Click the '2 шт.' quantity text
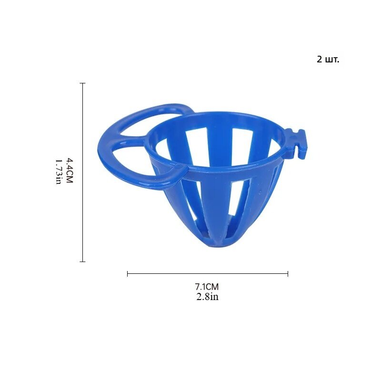328,60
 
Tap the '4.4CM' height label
70,171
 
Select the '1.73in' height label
59,172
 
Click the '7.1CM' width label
207,287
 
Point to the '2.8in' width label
207,297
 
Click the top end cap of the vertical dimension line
82,83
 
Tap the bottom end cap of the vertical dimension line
82,261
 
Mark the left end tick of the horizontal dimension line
128,274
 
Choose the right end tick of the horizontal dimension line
288,274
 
